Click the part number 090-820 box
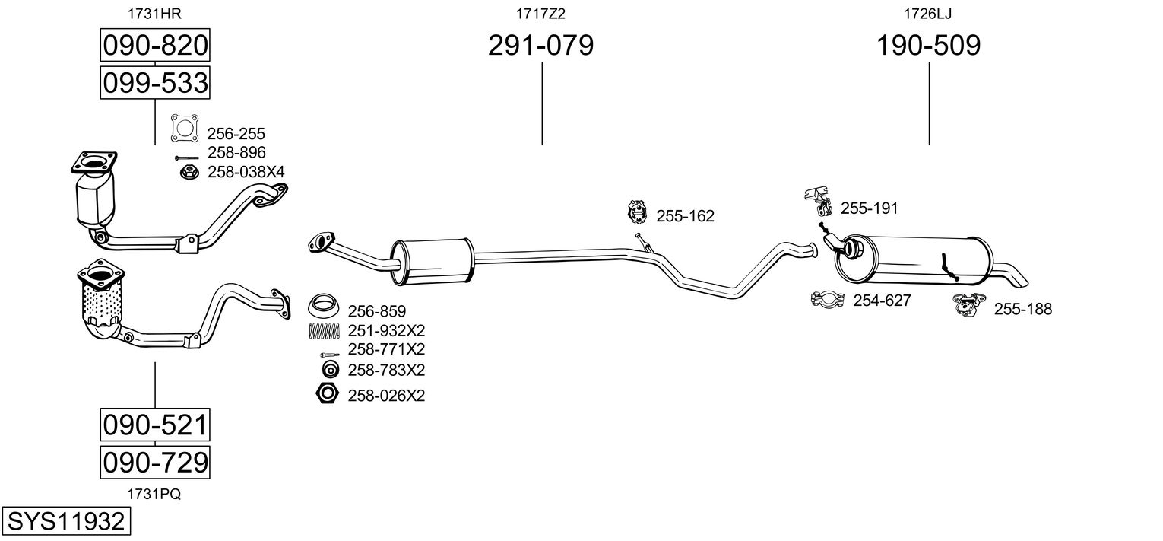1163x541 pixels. [155, 45]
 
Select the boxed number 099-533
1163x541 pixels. [155, 82]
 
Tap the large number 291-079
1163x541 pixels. [540, 45]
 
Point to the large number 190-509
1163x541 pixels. [928, 45]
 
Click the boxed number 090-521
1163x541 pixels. [155, 425]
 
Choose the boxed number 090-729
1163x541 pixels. [155, 462]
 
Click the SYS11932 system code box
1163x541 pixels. [66, 520]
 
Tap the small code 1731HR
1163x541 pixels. [154, 14]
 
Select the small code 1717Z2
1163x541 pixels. [540, 14]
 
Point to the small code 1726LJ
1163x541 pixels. [928, 14]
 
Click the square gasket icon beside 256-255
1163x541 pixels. [185, 128]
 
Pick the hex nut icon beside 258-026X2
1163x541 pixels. [327, 393]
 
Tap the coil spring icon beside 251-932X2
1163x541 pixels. [324, 331]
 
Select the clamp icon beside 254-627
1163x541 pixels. [827, 299]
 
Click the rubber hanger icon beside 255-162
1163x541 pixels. [636, 212]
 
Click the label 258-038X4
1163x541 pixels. [246, 172]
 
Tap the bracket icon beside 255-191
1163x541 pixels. [819, 202]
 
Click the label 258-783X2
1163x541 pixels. [386, 370]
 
